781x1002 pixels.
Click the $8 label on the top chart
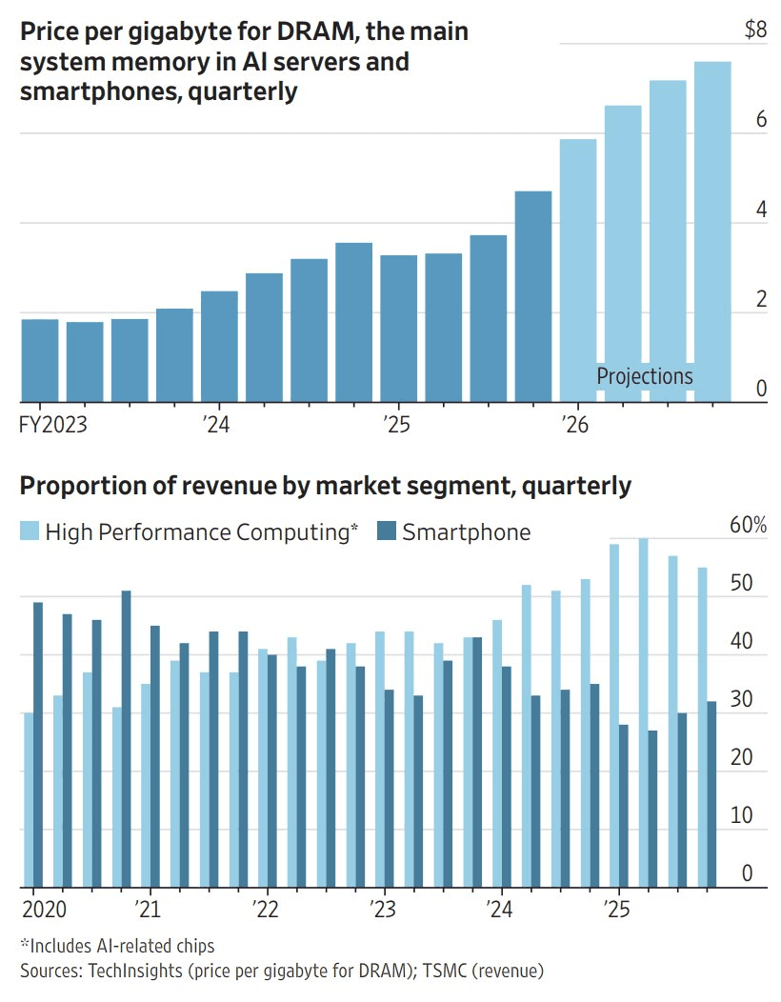(x=755, y=30)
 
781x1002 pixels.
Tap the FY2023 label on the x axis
(x=52, y=425)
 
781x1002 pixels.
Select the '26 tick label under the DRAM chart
(x=575, y=425)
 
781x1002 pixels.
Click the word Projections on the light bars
(x=645, y=376)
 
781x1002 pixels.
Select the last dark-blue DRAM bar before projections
(x=533, y=295)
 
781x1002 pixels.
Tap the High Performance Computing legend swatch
(x=30, y=531)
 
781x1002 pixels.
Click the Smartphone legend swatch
(x=387, y=531)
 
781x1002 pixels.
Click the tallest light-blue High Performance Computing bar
(x=643, y=713)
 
